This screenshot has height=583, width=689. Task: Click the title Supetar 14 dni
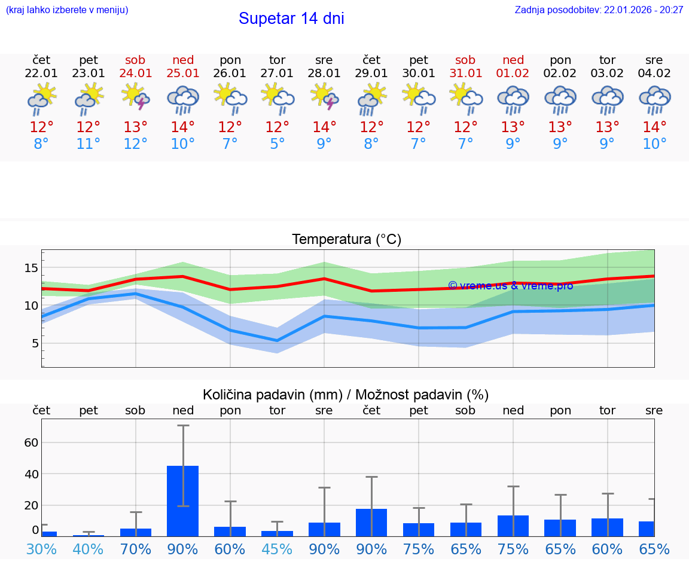[x=291, y=19]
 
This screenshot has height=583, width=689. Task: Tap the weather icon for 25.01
[x=183, y=100]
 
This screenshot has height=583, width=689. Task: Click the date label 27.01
[x=277, y=74]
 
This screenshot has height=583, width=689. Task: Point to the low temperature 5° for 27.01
[x=277, y=144]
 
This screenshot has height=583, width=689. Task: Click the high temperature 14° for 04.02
[x=654, y=127]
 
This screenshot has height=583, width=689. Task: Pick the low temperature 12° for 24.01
[x=136, y=144]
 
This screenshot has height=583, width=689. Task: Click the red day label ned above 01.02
[x=513, y=60]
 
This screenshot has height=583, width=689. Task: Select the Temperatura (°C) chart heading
[x=346, y=240]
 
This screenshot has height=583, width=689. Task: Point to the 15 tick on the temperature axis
[x=31, y=268]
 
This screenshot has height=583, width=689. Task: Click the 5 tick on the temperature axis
[x=35, y=343]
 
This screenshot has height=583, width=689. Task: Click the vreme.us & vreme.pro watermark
[x=510, y=286]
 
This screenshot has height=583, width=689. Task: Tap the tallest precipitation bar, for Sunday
[x=183, y=500]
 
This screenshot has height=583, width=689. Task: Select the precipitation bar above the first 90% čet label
[x=371, y=522]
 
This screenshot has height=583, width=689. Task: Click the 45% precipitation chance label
[x=277, y=549]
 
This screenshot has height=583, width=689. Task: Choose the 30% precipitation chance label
[x=41, y=549]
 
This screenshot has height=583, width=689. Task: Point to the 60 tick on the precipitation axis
[x=31, y=442]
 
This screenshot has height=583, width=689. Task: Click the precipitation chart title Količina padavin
[x=346, y=395]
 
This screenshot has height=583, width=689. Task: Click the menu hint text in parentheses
[x=67, y=10]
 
